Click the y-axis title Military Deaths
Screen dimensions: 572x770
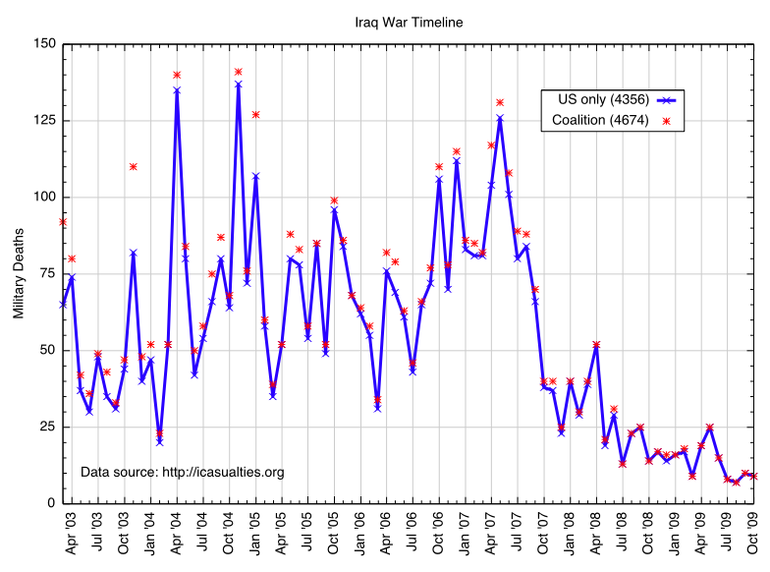pyautogui.click(x=18, y=273)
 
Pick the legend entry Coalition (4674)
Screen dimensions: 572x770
pyautogui.click(x=599, y=120)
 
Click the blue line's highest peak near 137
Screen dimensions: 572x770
pyautogui.click(x=238, y=85)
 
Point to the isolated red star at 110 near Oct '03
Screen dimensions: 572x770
pyautogui.click(x=133, y=166)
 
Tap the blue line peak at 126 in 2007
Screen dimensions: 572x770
pyautogui.click(x=500, y=118)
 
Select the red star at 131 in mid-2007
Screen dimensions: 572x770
pyautogui.click(x=500, y=102)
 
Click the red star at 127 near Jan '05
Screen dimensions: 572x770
pyautogui.click(x=255, y=115)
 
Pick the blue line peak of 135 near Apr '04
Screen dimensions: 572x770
pyautogui.click(x=177, y=90)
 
